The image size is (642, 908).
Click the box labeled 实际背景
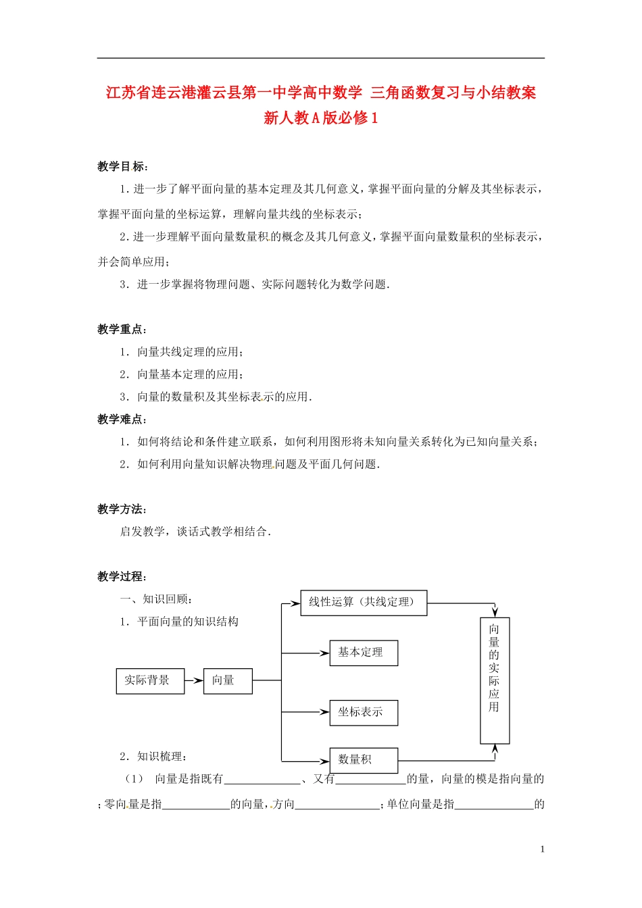pos(150,680)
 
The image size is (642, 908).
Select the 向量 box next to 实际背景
pos(227,680)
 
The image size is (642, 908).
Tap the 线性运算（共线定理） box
pos(363,602)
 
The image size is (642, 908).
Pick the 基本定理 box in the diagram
pos(363,653)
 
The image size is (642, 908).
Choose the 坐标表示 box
pos(363,712)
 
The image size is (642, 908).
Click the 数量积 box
pos(363,760)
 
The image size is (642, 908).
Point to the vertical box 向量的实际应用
pos(495,680)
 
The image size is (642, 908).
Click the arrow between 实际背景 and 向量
pos(194,680)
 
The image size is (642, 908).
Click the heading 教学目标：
pos(123,167)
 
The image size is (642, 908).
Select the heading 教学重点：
pos(123,330)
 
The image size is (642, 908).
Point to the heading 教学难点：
pos(123,420)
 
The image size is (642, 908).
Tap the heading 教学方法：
pos(123,509)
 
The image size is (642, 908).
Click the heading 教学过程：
pos(123,576)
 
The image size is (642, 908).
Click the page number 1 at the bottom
pos(543,849)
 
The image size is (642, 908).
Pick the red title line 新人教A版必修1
pos(321,118)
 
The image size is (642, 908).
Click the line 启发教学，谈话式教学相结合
pos(196,532)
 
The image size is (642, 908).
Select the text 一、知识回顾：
pos(158,599)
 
